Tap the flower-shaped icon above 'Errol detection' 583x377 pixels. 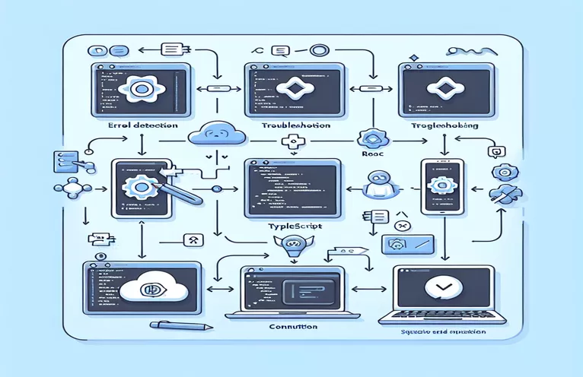(x=141, y=89)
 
